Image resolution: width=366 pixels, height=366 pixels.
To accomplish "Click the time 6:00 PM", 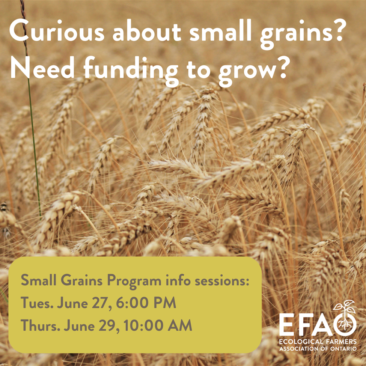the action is point(146,303).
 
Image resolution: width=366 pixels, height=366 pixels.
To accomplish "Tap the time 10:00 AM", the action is point(158,325).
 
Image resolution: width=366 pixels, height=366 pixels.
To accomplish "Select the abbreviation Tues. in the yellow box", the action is point(37,303).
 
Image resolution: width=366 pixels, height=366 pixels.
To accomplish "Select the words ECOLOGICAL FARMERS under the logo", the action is point(318,342).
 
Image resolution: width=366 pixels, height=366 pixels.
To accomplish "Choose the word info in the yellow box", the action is point(178,280).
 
